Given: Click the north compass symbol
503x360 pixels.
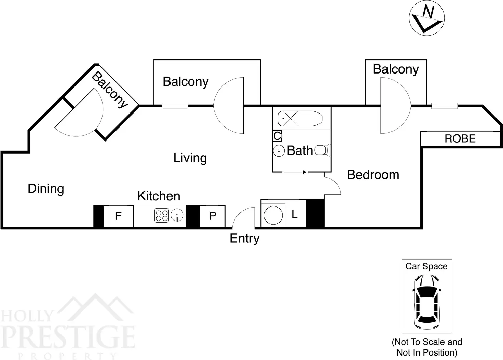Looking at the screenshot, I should click(x=426, y=18).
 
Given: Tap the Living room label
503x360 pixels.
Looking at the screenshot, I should click(x=190, y=158).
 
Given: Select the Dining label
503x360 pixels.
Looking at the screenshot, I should click(x=46, y=189).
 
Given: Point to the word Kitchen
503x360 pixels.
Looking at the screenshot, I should click(x=159, y=196).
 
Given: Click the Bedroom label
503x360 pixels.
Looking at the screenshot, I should click(x=373, y=175).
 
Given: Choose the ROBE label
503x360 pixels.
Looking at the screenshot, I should click(x=460, y=139).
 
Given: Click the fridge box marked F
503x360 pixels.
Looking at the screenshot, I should click(x=118, y=216).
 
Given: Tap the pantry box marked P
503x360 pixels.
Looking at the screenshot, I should click(x=213, y=216).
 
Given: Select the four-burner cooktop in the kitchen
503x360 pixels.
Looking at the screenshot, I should click(x=162, y=215).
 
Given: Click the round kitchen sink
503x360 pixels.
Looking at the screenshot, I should click(x=177, y=215).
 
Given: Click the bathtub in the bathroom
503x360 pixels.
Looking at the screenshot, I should click(x=300, y=119).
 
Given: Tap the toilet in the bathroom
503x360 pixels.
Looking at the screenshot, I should click(x=323, y=150).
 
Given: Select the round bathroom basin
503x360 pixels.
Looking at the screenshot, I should click(x=279, y=150).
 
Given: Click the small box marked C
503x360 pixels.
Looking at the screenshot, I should click(x=277, y=136).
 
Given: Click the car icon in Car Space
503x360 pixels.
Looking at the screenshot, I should click(x=426, y=301).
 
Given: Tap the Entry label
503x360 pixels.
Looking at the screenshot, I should click(x=244, y=238).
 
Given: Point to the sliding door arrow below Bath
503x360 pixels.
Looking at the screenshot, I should click(x=295, y=172).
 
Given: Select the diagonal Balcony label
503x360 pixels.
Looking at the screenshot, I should click(x=110, y=89).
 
